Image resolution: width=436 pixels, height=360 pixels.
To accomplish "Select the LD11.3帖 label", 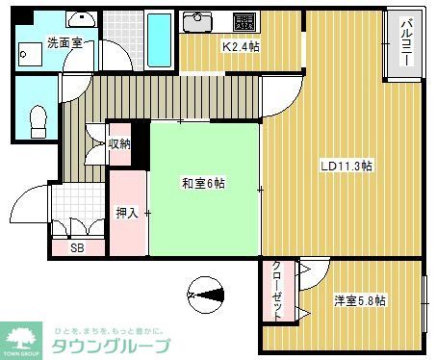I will tap(346, 166).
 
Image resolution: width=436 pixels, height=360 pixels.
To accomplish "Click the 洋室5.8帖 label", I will tap(361, 300).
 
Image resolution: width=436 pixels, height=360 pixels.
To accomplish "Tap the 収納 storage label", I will tap(119, 144).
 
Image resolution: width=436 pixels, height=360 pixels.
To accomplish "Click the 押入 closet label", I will tap(127, 214).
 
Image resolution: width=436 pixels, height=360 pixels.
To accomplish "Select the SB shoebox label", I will tap(76, 247).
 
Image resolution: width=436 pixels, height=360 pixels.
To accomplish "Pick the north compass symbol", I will tap(207, 291).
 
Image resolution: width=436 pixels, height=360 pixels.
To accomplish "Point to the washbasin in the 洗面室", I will tap(83, 19).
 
